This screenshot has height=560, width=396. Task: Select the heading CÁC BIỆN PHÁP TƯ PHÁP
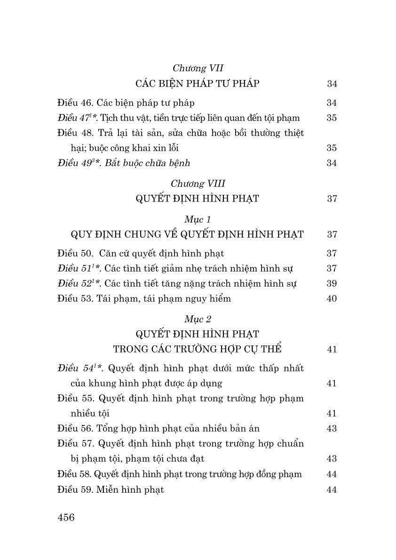[197, 84]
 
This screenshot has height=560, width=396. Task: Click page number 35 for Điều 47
[332, 118]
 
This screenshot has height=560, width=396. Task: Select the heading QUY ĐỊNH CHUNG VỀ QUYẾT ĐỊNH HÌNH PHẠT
[187, 234]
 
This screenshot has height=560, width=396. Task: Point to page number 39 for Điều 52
[332, 283]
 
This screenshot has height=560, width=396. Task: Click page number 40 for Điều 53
[332, 298]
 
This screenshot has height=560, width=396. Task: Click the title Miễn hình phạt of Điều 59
[130, 489]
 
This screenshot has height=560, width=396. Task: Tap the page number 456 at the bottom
[66, 517]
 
